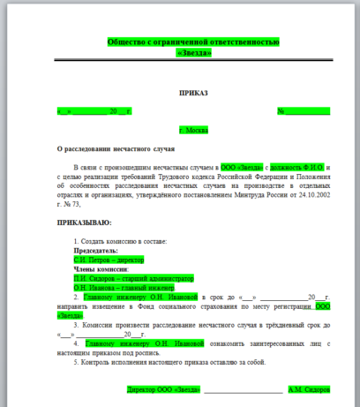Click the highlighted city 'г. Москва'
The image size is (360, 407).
(x=193, y=130)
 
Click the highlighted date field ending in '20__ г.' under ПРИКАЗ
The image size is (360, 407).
(x=94, y=111)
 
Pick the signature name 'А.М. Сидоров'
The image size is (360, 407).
(x=309, y=388)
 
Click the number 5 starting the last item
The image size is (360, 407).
(x=77, y=362)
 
